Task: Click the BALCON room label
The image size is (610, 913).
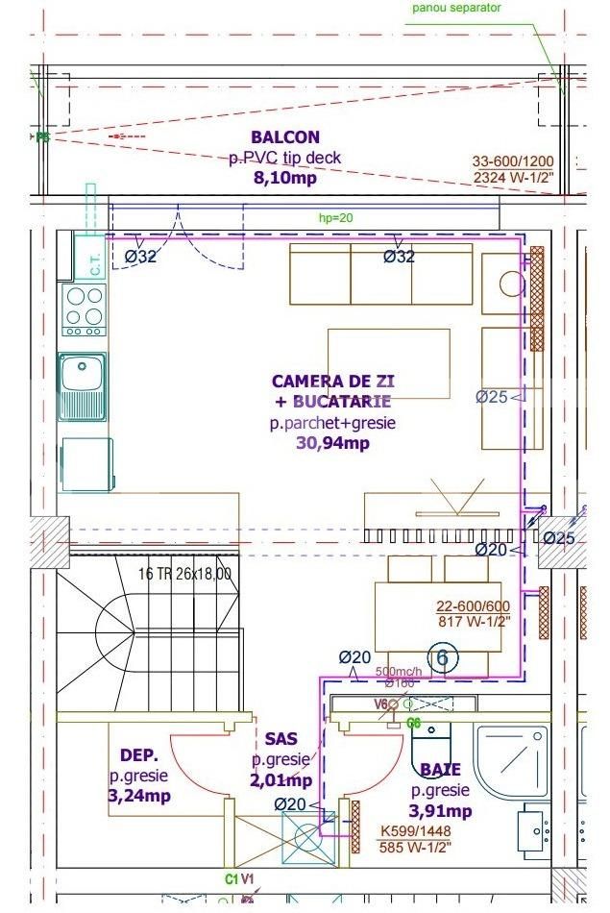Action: [285, 137]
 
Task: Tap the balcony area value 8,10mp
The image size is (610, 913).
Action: [285, 178]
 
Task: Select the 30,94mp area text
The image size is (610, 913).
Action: [333, 443]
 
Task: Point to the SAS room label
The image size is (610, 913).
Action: [281, 739]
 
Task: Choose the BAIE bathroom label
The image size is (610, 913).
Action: [440, 770]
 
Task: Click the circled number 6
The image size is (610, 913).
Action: [443, 657]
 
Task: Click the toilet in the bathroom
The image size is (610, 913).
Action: [430, 742]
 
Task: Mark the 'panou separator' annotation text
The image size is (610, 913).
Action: [457, 8]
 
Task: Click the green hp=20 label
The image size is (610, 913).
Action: [336, 218]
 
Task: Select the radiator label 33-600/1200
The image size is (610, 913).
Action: [513, 162]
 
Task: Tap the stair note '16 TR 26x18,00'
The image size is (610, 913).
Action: [185, 574]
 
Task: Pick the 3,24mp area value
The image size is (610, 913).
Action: [139, 796]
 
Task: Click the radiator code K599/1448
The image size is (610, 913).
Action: [415, 831]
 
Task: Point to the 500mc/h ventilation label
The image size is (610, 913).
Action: [398, 672]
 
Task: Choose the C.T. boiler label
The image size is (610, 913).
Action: [96, 265]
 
